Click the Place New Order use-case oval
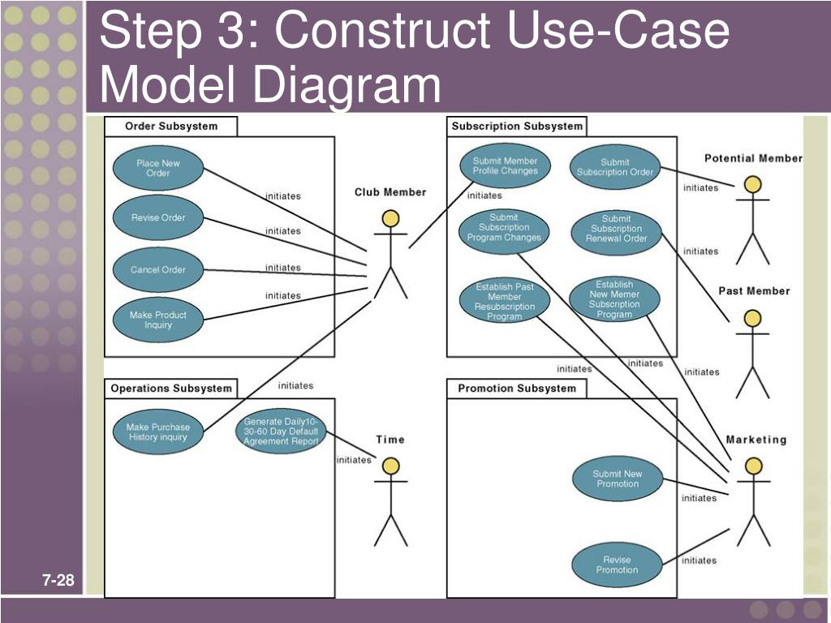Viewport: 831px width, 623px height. (x=158, y=169)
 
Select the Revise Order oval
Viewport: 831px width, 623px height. (x=158, y=217)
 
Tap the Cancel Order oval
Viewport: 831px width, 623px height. (x=158, y=270)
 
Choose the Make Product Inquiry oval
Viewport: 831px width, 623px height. (x=158, y=320)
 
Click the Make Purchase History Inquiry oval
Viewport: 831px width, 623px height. (x=157, y=432)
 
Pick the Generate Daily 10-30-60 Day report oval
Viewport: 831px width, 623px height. (x=281, y=432)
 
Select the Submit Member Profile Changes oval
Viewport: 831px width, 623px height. (x=505, y=166)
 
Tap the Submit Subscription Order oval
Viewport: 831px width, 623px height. (x=614, y=167)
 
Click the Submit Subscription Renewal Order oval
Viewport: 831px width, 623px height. (x=616, y=229)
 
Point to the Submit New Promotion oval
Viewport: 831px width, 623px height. (x=617, y=479)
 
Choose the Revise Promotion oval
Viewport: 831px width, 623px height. (x=617, y=565)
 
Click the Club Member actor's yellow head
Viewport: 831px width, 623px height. (x=391, y=218)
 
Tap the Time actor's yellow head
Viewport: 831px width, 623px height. (x=391, y=466)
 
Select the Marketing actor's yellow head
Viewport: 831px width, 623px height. (x=753, y=466)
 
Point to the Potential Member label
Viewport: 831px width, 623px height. (x=752, y=158)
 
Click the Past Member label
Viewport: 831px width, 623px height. (x=754, y=291)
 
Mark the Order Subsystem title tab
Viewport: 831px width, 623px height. (x=171, y=127)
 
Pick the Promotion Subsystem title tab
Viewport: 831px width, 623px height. (x=516, y=389)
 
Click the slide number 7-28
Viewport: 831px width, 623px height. (x=58, y=581)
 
